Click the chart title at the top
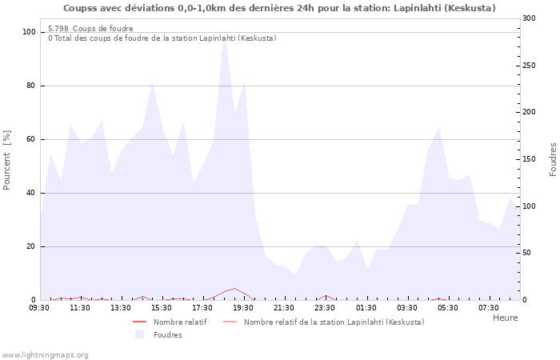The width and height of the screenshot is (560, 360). click(279, 8)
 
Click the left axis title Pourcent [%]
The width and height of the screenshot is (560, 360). click(7, 160)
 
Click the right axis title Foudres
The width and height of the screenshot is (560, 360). click(553, 160)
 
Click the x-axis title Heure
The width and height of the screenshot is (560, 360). click(505, 318)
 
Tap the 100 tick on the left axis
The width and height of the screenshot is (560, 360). click(30, 32)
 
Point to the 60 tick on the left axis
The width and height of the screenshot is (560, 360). click(32, 139)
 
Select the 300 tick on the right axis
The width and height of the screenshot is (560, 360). click(529, 18)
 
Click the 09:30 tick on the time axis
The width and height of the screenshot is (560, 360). click(39, 307)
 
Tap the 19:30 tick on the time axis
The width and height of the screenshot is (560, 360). click(243, 307)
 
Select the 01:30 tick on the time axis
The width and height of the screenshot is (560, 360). click(366, 307)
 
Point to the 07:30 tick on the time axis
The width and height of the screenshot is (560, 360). click(488, 307)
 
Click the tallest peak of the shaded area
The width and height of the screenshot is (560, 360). click(224, 37)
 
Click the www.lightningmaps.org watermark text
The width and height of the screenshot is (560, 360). click(45, 354)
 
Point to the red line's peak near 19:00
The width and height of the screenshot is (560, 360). click(234, 289)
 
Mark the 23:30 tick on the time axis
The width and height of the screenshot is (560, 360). click(325, 307)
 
